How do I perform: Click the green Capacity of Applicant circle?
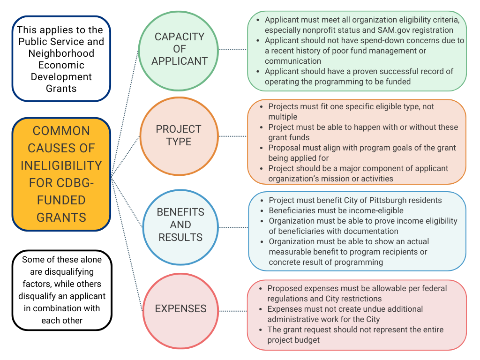point(179,49)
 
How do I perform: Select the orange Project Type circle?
point(179,135)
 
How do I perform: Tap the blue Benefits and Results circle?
point(180,225)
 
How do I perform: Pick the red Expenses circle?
point(180,309)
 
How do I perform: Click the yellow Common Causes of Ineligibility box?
point(61,174)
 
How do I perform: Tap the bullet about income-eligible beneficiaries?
point(336,210)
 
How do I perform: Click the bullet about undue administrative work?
point(345,314)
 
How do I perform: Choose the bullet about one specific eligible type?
point(351,111)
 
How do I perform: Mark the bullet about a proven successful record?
point(359,76)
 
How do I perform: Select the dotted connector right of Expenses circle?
point(233,311)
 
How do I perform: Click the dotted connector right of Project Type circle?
point(233,136)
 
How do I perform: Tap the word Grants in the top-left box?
point(61,88)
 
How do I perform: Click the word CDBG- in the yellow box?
point(75,183)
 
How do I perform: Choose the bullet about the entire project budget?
point(355,335)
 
